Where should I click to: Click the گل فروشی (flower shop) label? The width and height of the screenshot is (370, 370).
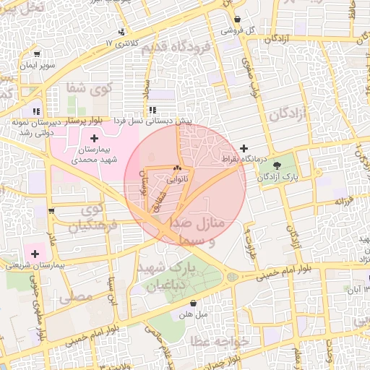point(261,31)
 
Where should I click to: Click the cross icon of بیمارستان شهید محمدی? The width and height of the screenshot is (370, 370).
point(94,137)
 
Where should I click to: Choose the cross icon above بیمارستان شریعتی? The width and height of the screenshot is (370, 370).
point(34,253)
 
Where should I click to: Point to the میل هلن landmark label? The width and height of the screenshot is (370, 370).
point(194,315)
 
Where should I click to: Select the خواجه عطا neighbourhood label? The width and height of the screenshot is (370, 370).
point(222,340)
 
